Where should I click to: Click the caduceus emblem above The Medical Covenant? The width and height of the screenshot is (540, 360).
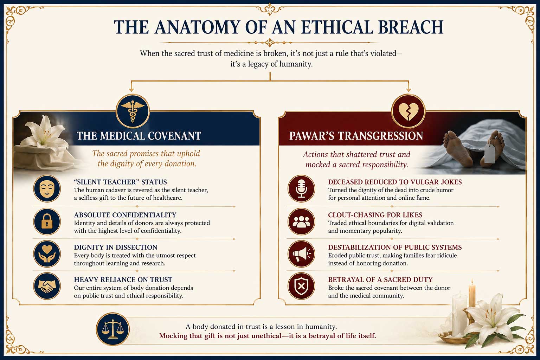tap(133, 111)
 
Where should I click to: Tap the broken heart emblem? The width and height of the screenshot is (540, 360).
tap(408, 111)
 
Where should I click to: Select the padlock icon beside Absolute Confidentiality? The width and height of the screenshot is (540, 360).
tap(47, 221)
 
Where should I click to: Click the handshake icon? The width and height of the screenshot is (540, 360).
tap(47, 286)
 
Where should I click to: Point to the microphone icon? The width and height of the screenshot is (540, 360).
tap(301, 188)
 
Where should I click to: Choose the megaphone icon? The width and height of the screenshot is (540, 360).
tap(301, 254)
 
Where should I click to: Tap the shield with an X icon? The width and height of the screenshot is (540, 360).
tap(301, 286)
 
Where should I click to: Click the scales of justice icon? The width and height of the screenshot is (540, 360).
tap(112, 329)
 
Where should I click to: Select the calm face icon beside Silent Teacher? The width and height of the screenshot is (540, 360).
tap(47, 188)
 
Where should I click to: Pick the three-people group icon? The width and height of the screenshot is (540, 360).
tap(301, 221)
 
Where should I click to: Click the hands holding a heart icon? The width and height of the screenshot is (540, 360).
tap(47, 254)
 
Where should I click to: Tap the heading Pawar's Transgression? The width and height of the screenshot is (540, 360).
tap(356, 136)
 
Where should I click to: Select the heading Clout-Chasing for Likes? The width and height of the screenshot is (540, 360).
tap(375, 215)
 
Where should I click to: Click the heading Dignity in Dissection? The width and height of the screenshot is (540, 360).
tap(115, 247)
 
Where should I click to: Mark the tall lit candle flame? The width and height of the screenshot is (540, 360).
tap(472, 282)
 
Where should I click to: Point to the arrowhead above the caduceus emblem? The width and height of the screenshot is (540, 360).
tap(131, 89)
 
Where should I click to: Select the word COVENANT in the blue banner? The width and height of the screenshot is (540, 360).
tap(174, 136)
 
